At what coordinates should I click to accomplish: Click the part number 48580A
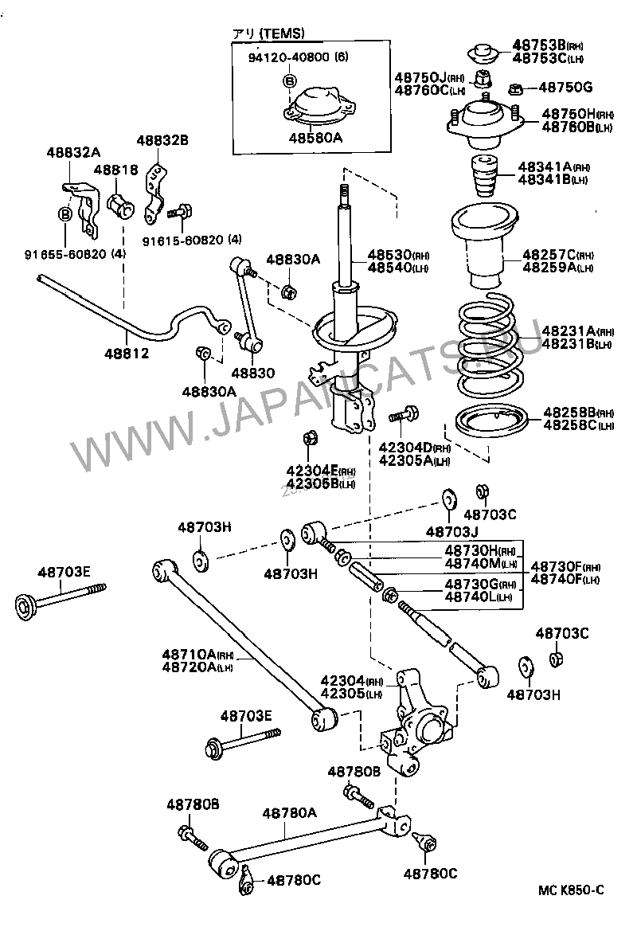tap(315, 137)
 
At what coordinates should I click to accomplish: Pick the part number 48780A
tap(290, 812)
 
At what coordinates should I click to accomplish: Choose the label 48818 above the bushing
tap(115, 170)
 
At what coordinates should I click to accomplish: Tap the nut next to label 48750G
tap(514, 88)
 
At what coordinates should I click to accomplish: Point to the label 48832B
tap(162, 140)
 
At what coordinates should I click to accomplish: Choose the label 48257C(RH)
tap(557, 255)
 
